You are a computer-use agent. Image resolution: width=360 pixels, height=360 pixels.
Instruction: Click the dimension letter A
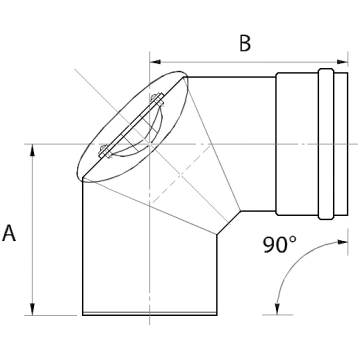coord(9,233)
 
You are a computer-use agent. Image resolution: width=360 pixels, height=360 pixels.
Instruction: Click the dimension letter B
coord(245,43)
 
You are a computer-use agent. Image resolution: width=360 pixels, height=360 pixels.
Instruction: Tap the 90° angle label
coord(279,245)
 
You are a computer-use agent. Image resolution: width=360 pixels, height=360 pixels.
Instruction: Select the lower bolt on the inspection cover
coord(105,152)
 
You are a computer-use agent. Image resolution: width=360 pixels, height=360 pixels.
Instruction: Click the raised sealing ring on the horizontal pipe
coord(326,144)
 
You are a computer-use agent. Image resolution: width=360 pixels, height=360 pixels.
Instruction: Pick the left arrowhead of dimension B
coord(155,62)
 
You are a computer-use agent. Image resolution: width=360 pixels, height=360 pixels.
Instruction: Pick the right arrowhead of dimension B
coord(342,62)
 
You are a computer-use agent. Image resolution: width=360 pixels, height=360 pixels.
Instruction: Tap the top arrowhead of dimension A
coord(32,150)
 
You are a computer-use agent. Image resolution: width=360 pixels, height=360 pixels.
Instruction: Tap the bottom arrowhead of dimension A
coord(32,309)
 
